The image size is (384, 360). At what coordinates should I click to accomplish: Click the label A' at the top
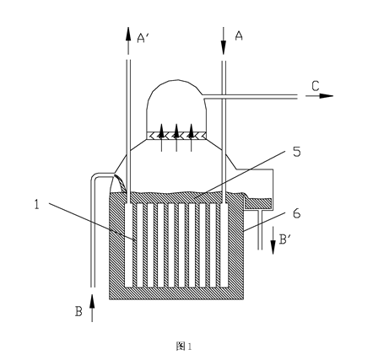(143, 38)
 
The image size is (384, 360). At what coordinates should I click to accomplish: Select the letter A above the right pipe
(239, 35)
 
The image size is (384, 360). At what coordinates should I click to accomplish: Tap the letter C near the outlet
(316, 86)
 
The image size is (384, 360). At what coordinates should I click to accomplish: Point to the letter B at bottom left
(78, 311)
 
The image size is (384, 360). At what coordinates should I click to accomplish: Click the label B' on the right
(285, 239)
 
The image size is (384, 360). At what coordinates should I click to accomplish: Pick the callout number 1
(36, 204)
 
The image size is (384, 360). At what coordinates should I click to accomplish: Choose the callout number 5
(296, 152)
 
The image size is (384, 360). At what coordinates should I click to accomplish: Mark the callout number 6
(296, 213)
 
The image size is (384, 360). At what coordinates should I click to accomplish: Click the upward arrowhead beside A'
(128, 35)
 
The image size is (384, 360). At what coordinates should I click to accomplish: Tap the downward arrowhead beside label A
(224, 48)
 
